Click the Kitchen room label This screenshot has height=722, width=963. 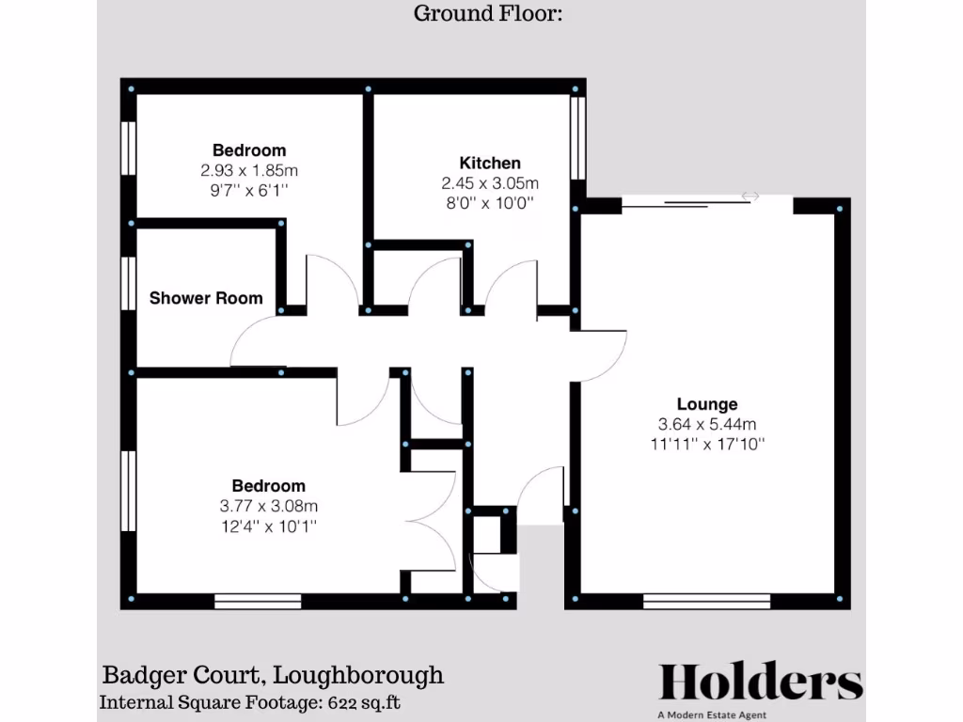pyautogui.click(x=489, y=163)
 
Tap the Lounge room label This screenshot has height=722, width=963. pyautogui.click(x=707, y=404)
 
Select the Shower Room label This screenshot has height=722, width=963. pyautogui.click(x=206, y=298)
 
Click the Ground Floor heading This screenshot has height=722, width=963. pyautogui.click(x=487, y=13)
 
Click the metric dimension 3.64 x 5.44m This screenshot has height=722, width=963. pyautogui.click(x=707, y=423)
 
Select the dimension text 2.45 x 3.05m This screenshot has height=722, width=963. pyautogui.click(x=489, y=183)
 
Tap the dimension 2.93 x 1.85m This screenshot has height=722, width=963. pyautogui.click(x=249, y=170)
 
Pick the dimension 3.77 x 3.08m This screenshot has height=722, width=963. pyautogui.click(x=268, y=506)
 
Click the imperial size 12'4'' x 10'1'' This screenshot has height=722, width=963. pyautogui.click(x=268, y=526)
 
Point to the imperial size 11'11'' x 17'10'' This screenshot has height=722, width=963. pyautogui.click(x=707, y=443)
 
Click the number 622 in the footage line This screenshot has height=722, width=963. pyautogui.click(x=344, y=702)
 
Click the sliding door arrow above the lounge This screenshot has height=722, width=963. pyautogui.click(x=750, y=196)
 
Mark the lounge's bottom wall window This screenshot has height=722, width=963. pyautogui.click(x=706, y=601)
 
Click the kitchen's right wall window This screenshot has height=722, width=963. pyautogui.click(x=578, y=136)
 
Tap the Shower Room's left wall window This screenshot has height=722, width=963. pyautogui.click(x=130, y=282)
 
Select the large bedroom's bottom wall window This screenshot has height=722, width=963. pyautogui.click(x=258, y=601)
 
